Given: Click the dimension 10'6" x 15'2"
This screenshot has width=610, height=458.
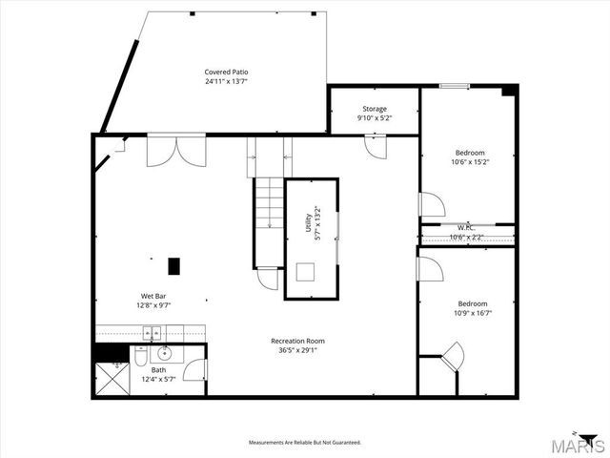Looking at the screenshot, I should point(470,161).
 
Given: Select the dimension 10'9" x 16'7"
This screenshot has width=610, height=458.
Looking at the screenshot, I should point(473,312).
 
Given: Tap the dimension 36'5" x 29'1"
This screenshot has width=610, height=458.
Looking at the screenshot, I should point(297,349).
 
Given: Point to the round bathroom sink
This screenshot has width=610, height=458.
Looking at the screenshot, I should point(164,353).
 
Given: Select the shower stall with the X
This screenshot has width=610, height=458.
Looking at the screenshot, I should point(112,378).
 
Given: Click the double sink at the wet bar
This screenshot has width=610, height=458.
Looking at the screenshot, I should point(152,333).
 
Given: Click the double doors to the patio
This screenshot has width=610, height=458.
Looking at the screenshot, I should point(175,150).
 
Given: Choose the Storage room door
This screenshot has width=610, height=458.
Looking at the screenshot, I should point(376,146).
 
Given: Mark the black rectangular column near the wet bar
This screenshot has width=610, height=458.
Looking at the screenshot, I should point(173,266).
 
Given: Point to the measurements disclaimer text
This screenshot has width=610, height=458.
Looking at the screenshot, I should point(304,443).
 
